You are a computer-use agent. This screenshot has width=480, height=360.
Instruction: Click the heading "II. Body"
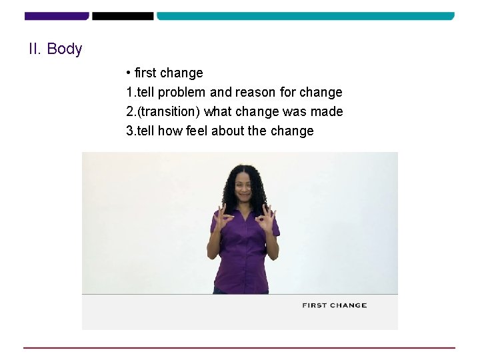[55, 49]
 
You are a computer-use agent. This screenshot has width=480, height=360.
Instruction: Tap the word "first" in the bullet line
[145, 73]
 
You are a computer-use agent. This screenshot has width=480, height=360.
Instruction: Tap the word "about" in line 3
[227, 131]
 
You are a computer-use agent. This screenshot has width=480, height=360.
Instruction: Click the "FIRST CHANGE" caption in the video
[334, 305]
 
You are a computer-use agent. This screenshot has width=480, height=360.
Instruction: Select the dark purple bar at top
[56, 15]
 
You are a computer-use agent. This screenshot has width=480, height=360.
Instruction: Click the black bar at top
[123, 15]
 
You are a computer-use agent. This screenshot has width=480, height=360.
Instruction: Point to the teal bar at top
[305, 15]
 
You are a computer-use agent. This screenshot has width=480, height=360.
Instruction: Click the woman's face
[244, 187]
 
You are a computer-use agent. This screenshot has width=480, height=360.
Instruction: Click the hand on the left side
[224, 216]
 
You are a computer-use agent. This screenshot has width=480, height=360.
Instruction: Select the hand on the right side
[266, 216]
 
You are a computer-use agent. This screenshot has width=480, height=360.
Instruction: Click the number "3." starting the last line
[131, 131]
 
